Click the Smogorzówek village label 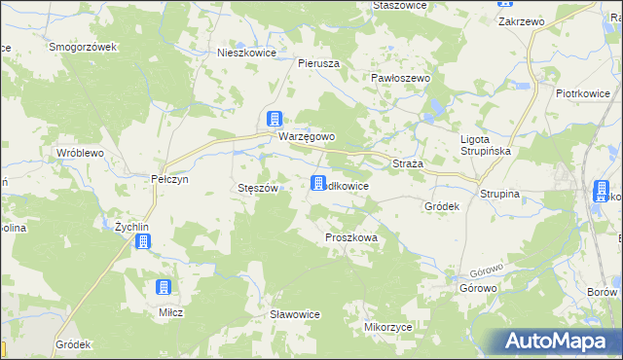point(83,47)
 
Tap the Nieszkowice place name point(247,54)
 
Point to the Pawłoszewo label point(401,77)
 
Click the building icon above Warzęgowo point(275,119)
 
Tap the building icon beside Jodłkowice point(318,183)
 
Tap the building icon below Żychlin point(143,241)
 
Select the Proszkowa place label point(350,236)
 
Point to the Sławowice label point(295,313)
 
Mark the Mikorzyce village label point(386,327)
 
